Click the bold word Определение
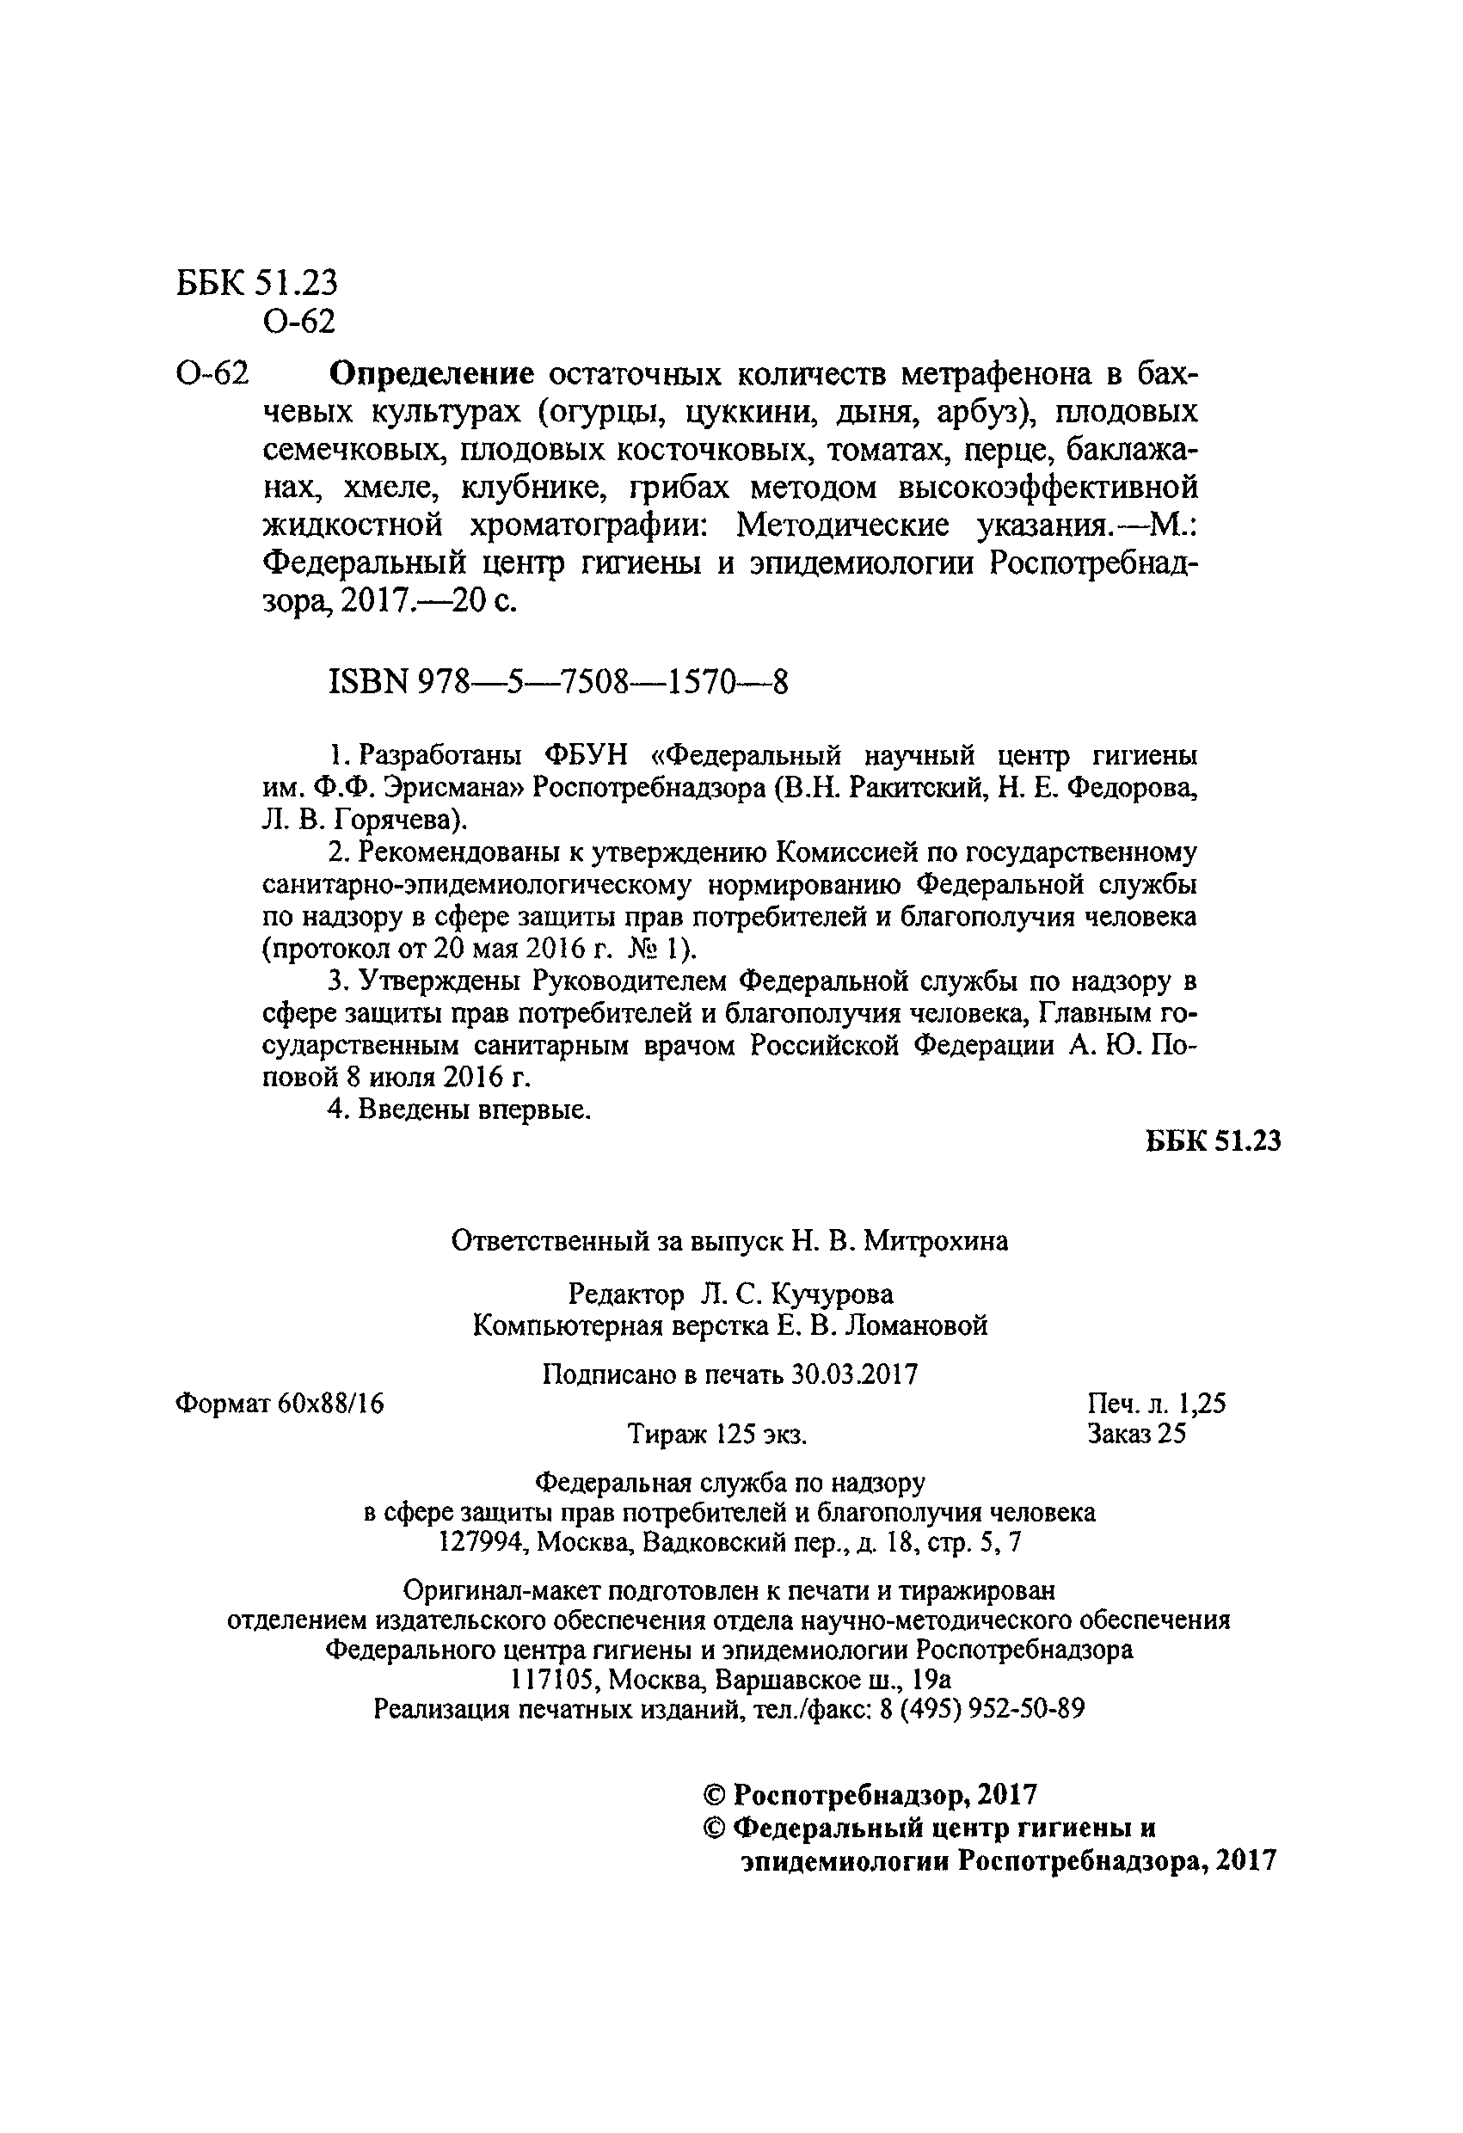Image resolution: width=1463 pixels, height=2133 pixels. (432, 374)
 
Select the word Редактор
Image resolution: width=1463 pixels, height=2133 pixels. (626, 1294)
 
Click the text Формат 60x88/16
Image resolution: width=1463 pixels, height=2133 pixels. (279, 1404)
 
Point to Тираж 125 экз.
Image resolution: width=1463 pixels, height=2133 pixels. (716, 1434)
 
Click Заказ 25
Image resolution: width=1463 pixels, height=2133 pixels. (1136, 1434)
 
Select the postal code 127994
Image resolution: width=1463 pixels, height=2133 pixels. (483, 1542)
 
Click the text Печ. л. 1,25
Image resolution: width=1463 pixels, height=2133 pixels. (1156, 1404)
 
